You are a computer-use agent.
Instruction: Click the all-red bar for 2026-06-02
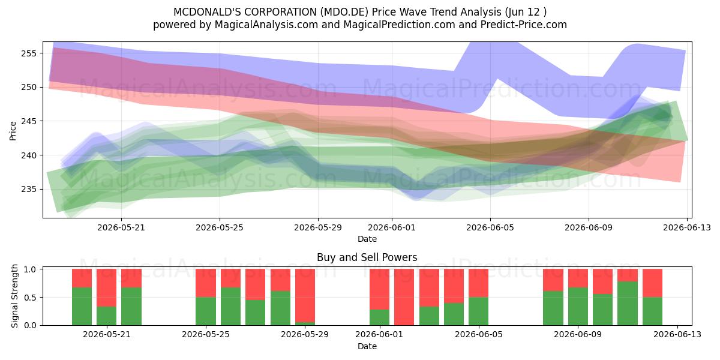click(x=404, y=297)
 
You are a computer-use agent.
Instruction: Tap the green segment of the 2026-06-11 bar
click(x=628, y=304)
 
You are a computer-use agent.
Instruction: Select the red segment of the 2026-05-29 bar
click(x=305, y=295)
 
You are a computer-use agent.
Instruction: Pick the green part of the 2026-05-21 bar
click(x=131, y=307)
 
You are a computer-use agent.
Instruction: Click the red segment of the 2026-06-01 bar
click(x=379, y=289)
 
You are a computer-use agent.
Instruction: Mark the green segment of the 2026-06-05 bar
click(x=478, y=311)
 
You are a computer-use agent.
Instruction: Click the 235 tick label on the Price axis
click(x=29, y=190)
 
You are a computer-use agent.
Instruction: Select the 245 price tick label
click(x=29, y=121)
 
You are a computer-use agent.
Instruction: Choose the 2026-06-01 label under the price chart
click(x=391, y=227)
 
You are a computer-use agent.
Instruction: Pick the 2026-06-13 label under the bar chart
click(x=677, y=334)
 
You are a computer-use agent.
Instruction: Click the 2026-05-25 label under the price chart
click(x=220, y=227)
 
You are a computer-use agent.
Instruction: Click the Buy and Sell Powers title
click(x=367, y=257)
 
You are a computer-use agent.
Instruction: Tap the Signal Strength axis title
click(x=14, y=296)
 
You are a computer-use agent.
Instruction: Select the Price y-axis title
click(x=13, y=131)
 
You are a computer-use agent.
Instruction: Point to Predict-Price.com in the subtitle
click(x=524, y=25)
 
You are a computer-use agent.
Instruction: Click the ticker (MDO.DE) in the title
click(x=344, y=12)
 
